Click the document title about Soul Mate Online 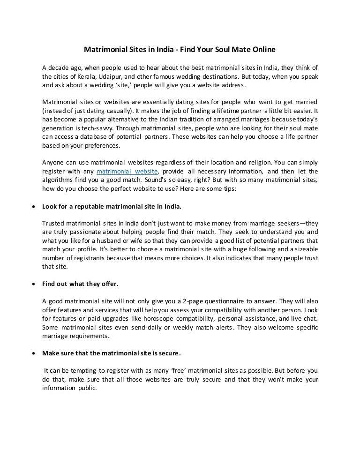[x=180, y=49]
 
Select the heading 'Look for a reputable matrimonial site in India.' [x=112, y=206]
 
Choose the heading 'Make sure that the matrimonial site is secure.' [x=112, y=353]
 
